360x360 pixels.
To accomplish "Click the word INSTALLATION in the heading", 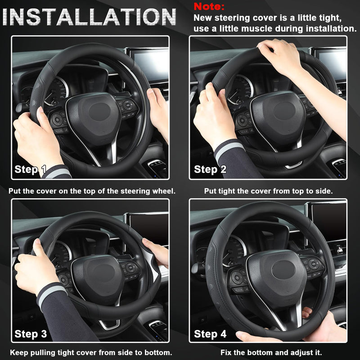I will pyautogui.click(x=89, y=17).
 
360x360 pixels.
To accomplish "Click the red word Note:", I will pyautogui.click(x=209, y=7).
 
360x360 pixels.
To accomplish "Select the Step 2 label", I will pyautogui.click(x=210, y=170).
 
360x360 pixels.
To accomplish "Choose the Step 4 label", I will pyautogui.click(x=210, y=334).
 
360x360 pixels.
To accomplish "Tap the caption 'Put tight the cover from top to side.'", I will pyautogui.click(x=268, y=191).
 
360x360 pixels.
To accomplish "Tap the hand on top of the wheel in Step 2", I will pyautogui.click(x=279, y=56).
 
